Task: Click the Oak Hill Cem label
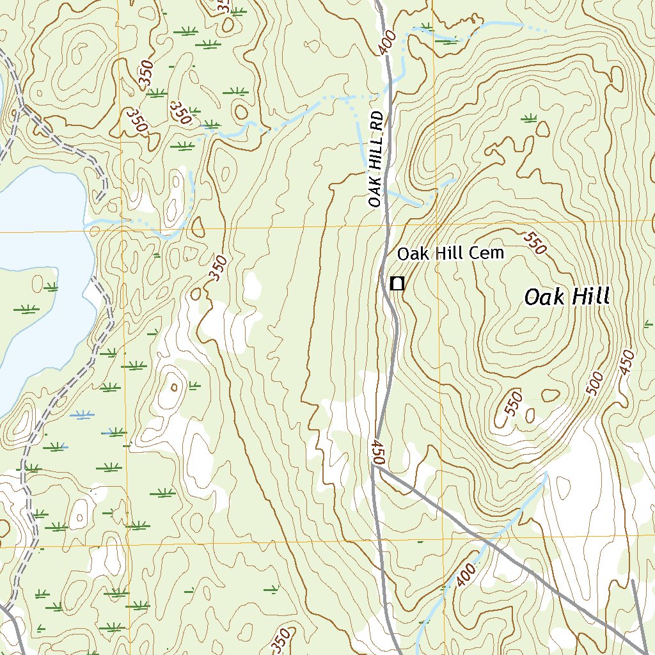(x=450, y=253)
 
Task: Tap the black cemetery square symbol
(x=397, y=283)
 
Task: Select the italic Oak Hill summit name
(x=567, y=297)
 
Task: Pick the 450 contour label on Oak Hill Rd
(x=378, y=452)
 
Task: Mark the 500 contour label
(x=595, y=383)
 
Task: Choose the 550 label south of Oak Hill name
(x=513, y=404)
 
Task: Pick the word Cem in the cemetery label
(x=489, y=253)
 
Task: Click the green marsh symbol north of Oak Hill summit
(x=529, y=117)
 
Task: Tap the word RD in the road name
(x=378, y=121)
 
